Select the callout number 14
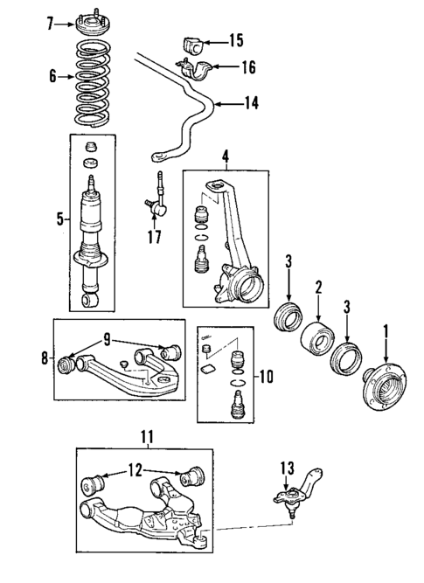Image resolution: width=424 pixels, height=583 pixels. click(252, 103)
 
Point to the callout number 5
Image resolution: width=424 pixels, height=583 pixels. click(59, 219)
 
